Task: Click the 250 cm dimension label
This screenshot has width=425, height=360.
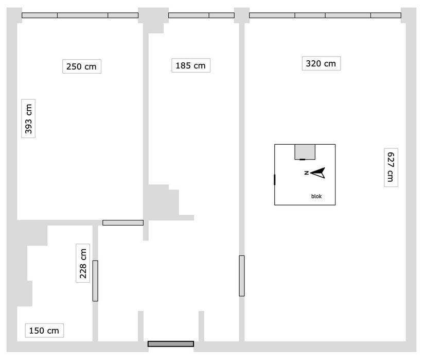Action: tap(82, 66)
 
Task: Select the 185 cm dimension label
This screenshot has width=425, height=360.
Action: tap(191, 65)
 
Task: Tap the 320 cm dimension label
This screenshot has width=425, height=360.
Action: tap(321, 63)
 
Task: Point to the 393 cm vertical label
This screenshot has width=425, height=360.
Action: tap(28, 118)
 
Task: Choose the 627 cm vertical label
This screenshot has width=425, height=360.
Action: tap(391, 167)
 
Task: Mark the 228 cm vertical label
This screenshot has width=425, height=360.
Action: tap(83, 263)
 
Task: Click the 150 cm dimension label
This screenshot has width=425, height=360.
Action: tap(44, 331)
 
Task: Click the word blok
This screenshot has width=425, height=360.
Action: tap(316, 196)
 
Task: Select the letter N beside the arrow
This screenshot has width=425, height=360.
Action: tap(307, 173)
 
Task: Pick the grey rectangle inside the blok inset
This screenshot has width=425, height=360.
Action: tap(305, 152)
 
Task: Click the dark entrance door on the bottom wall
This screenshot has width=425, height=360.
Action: tap(171, 344)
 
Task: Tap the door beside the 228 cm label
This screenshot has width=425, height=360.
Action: tap(95, 281)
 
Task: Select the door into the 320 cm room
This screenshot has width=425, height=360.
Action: tap(242, 276)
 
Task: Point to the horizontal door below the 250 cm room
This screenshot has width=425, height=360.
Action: tap(123, 222)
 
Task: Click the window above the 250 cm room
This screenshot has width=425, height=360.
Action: tap(80, 15)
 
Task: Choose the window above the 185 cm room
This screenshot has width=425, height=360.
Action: tap(201, 15)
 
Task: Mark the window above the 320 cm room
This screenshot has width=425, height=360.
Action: tap(325, 15)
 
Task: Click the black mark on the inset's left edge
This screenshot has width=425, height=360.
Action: tap(275, 180)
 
